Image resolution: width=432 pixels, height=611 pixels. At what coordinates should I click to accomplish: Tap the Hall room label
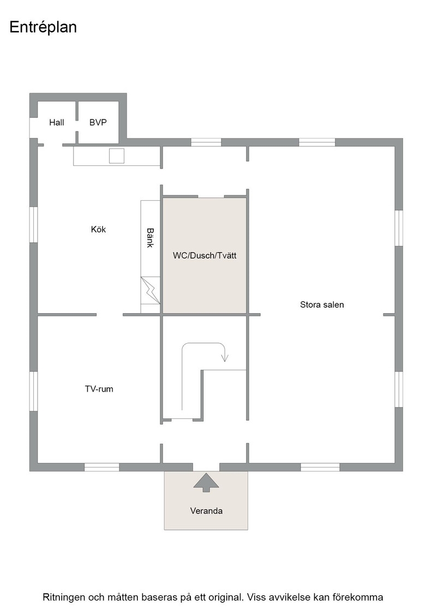point(57,122)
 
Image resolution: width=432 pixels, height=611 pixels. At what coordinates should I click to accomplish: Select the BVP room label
point(98,122)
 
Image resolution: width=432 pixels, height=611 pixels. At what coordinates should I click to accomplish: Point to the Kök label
point(98,229)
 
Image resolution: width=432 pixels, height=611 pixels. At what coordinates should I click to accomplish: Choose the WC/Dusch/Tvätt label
point(205,256)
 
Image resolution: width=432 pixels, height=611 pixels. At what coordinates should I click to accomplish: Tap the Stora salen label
point(322,305)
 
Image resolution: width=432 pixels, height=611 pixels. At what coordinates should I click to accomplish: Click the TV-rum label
point(99,389)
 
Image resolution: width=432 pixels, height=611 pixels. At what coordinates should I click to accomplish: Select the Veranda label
point(206,511)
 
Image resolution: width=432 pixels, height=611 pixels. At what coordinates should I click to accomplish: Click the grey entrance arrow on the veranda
point(206,482)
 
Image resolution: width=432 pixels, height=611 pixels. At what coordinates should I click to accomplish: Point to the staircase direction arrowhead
point(225,358)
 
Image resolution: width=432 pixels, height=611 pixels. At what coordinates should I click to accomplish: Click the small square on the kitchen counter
point(117,156)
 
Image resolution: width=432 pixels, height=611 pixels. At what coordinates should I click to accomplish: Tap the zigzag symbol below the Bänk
point(151,290)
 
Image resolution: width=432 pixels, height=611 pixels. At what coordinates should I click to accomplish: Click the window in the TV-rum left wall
point(33,391)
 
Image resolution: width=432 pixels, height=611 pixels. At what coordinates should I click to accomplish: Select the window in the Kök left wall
point(33,225)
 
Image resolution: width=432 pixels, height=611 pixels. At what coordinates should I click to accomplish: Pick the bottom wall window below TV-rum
point(101,467)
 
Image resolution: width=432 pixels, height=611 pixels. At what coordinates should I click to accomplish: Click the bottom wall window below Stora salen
point(320,467)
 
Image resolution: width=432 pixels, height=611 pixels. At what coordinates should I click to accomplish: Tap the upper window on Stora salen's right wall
point(399,228)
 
